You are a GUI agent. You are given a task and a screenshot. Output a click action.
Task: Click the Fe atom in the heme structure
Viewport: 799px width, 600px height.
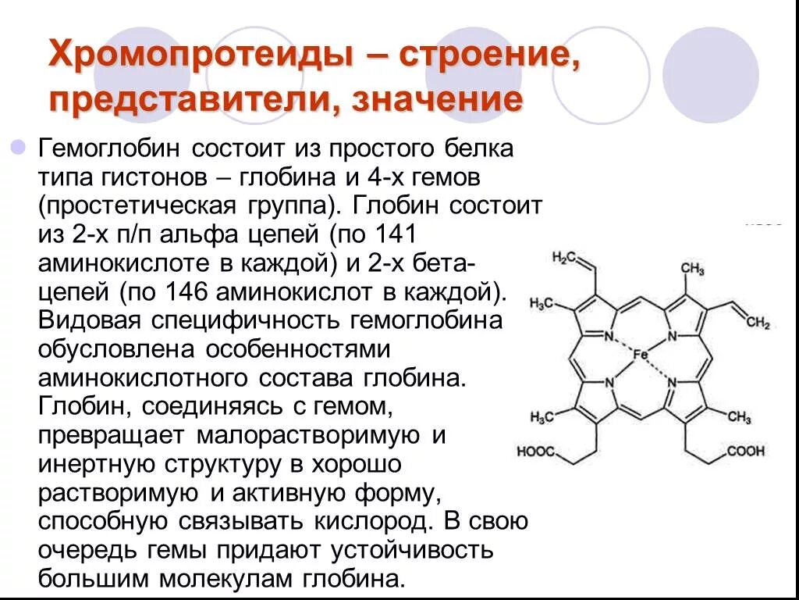(x=640, y=355)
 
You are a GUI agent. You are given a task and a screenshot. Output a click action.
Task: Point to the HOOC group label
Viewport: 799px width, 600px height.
(x=534, y=452)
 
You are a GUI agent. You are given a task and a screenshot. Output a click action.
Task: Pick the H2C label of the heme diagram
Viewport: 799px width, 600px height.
(x=564, y=258)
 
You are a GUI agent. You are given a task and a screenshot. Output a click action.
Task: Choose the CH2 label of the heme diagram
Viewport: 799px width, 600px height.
(x=757, y=323)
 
